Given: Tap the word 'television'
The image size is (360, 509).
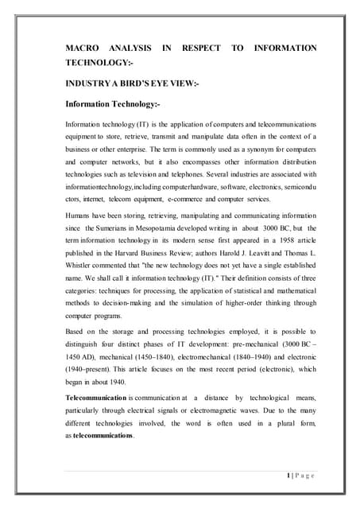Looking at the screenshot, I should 165,173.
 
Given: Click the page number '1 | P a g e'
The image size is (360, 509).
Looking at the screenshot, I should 298,475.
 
